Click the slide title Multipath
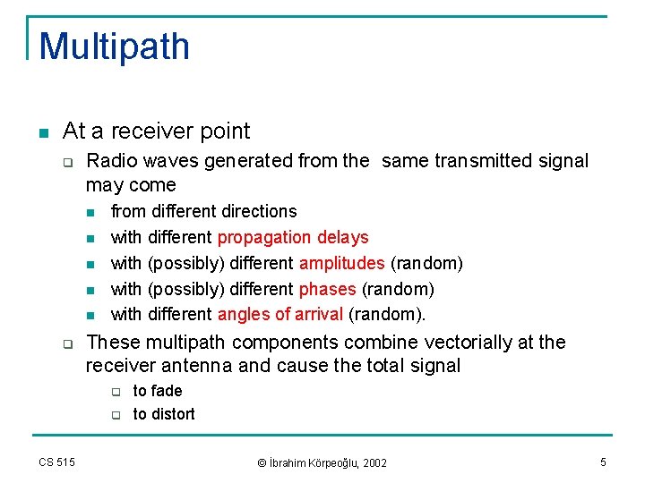click(115, 47)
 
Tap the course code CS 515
click(56, 462)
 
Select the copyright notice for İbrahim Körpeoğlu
click(322, 462)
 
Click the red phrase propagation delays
click(293, 237)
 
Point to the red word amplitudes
click(342, 263)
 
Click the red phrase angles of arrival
click(280, 314)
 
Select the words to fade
click(158, 391)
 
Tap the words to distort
click(164, 414)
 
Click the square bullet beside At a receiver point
click(43, 132)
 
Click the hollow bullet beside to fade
click(116, 392)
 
